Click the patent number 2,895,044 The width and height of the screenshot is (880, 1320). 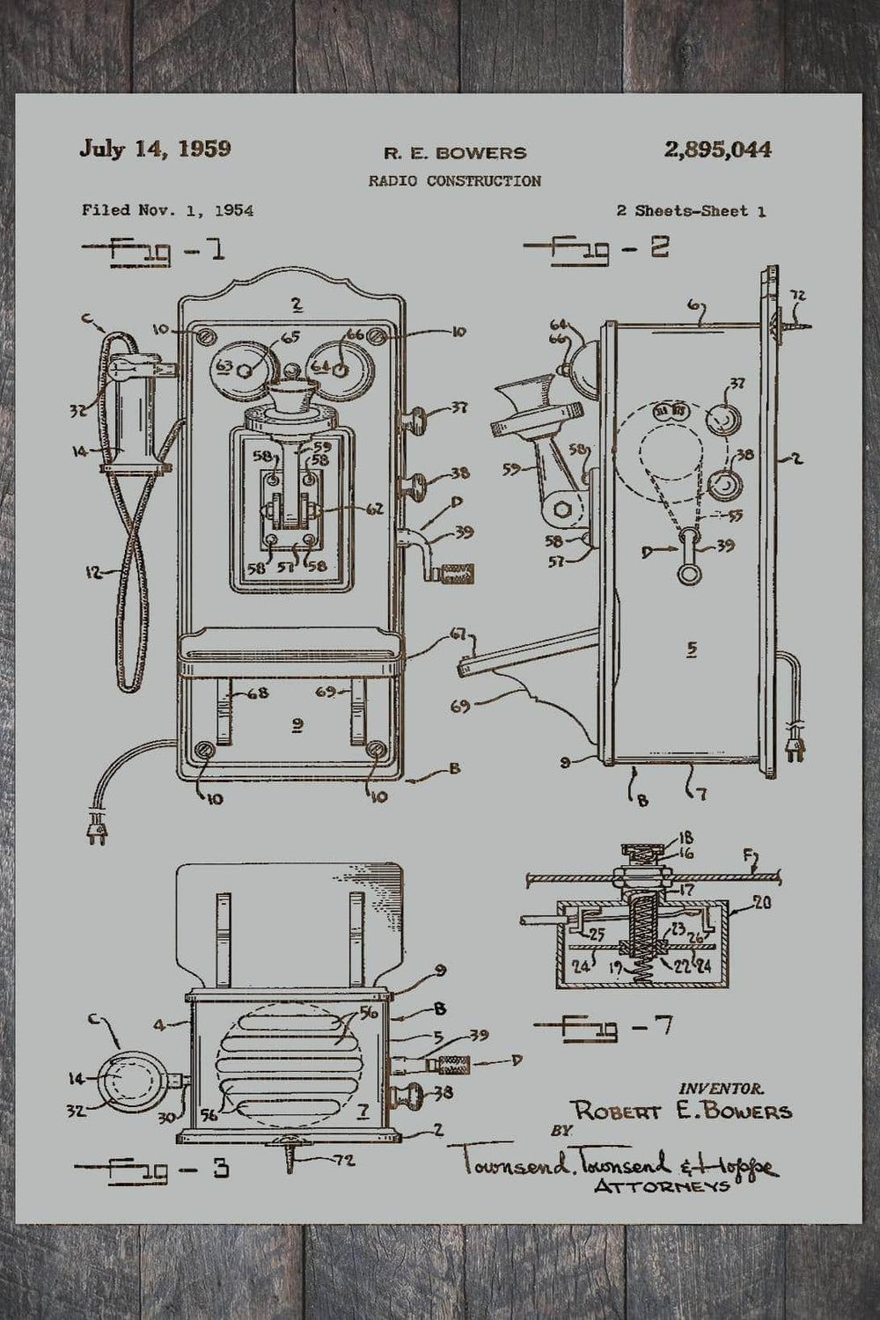[x=718, y=150]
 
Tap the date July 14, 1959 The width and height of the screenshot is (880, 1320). [x=155, y=148]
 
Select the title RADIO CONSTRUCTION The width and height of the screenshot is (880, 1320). [x=454, y=181]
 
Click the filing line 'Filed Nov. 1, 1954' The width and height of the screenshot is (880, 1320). [x=167, y=210]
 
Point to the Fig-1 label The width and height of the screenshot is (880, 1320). [x=153, y=251]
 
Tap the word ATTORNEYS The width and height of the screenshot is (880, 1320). [x=662, y=1185]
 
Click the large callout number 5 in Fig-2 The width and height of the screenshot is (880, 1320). [x=692, y=649]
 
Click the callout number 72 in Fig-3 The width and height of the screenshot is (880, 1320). [x=344, y=1161]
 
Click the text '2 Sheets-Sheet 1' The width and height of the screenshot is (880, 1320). [x=690, y=211]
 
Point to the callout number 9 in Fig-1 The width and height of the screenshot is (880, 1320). [x=297, y=724]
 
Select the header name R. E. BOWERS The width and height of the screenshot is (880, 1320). [x=454, y=153]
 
